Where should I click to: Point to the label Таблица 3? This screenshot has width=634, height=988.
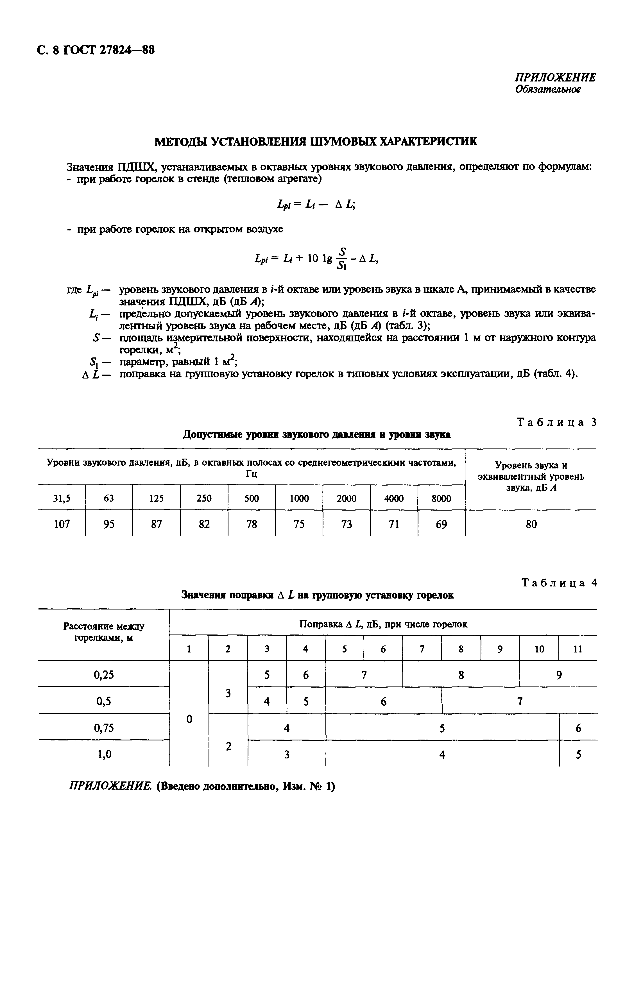tap(556, 422)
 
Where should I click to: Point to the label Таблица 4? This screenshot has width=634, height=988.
tap(559, 583)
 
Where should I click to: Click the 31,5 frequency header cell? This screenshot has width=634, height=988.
tap(62, 498)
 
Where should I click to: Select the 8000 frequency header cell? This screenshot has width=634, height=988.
tap(441, 498)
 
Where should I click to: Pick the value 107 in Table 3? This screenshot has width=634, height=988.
tap(62, 524)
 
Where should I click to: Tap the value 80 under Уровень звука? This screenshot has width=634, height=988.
tap(531, 524)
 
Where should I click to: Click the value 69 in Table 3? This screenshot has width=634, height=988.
tap(441, 524)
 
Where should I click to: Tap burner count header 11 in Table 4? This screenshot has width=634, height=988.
tap(578, 649)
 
